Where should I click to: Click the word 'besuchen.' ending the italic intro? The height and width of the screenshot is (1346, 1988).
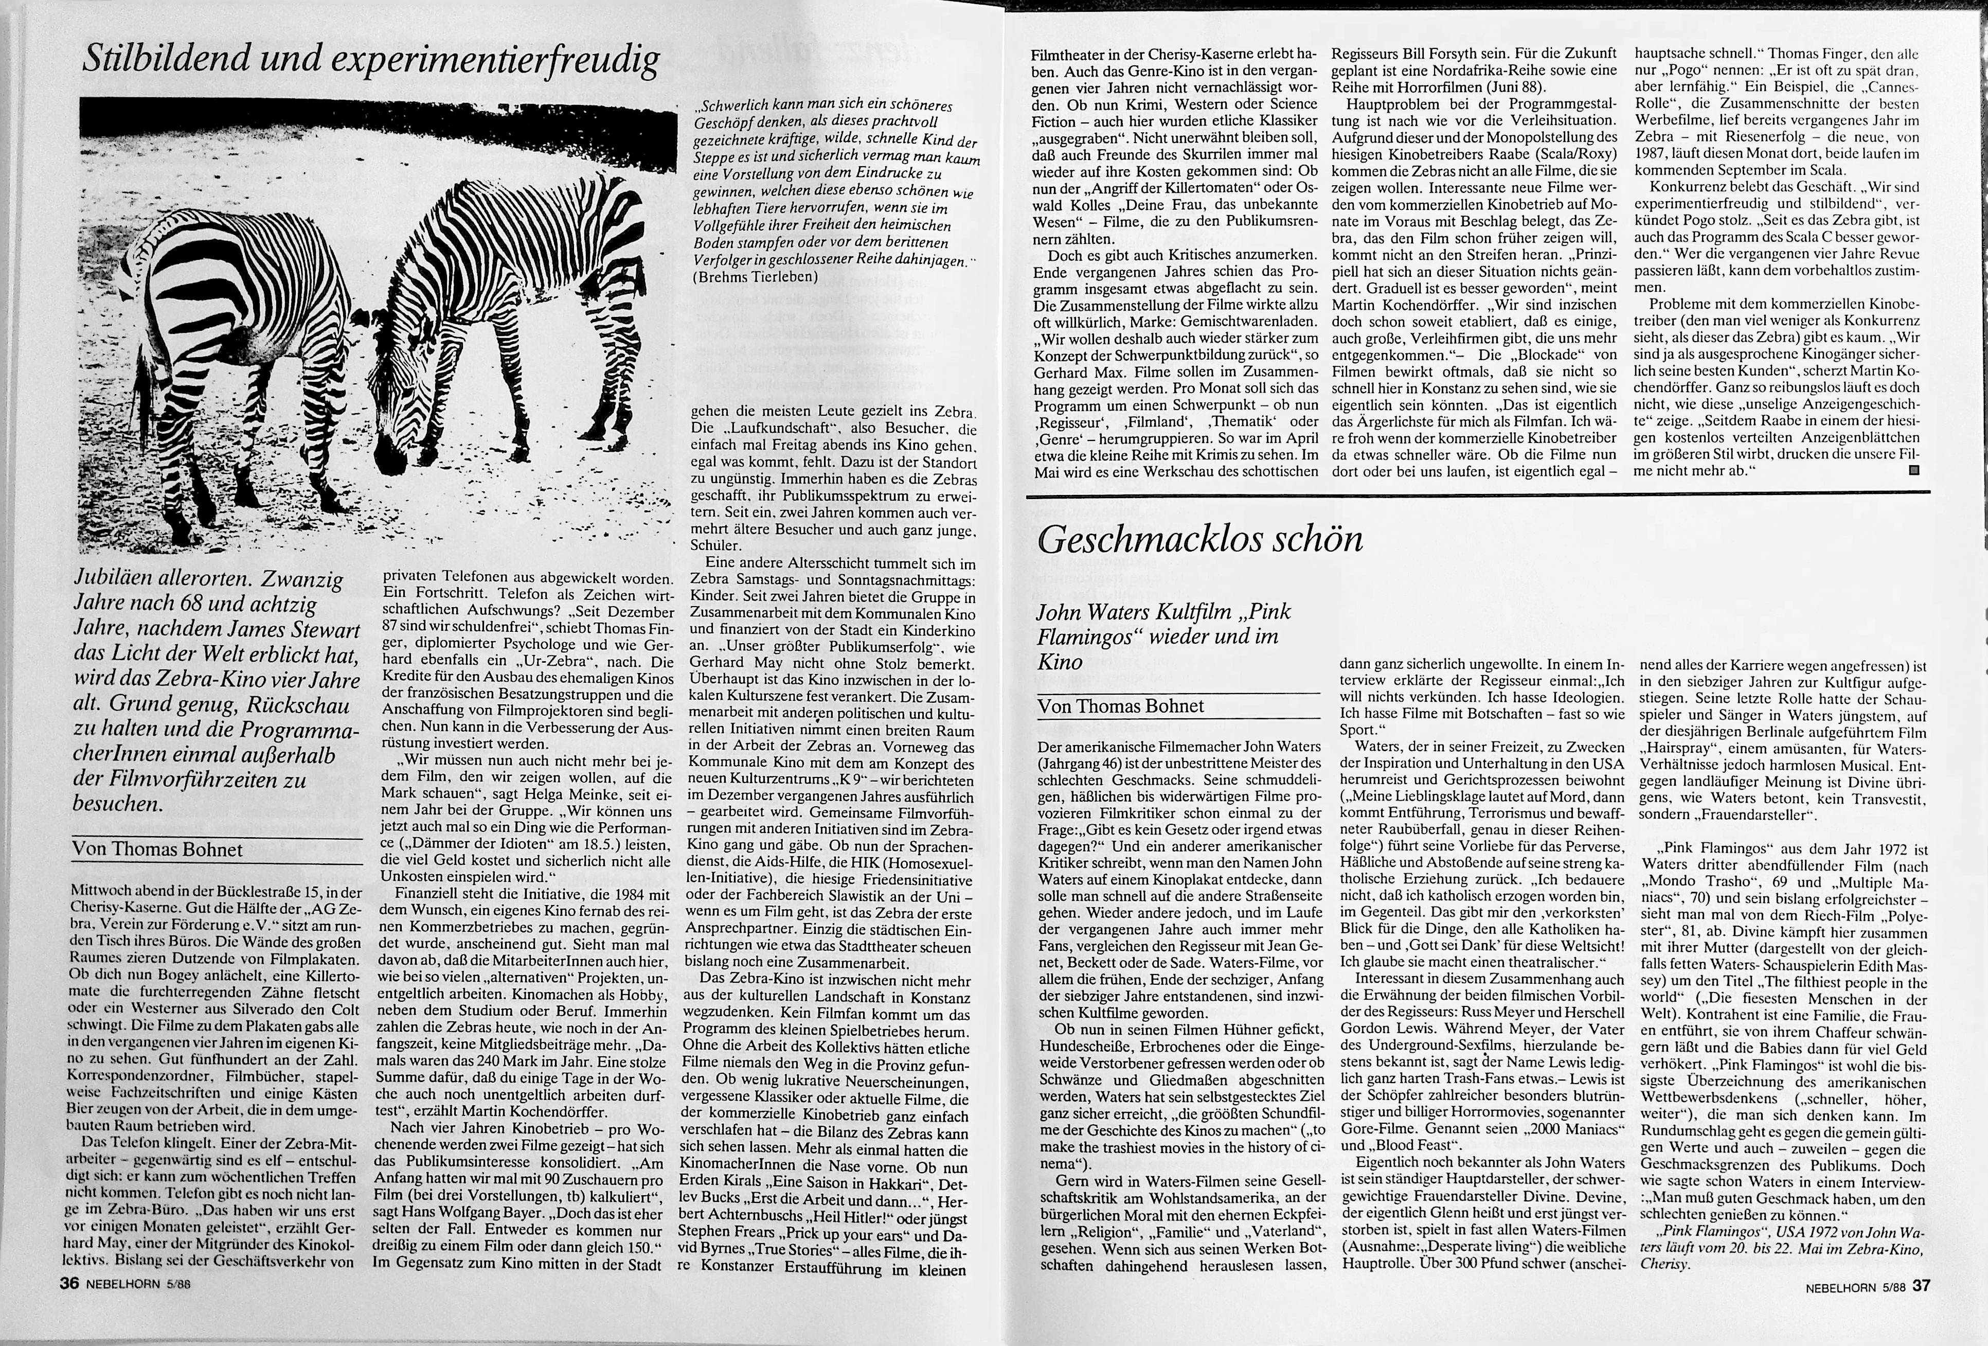(x=117, y=804)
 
